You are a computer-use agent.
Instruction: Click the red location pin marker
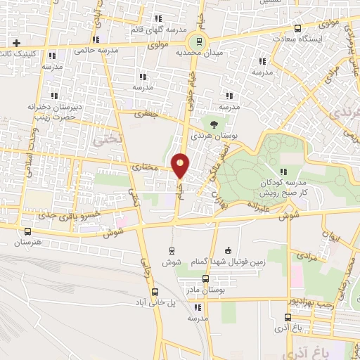181,165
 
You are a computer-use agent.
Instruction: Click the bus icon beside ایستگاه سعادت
297,29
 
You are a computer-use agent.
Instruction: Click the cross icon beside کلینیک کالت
6,44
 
